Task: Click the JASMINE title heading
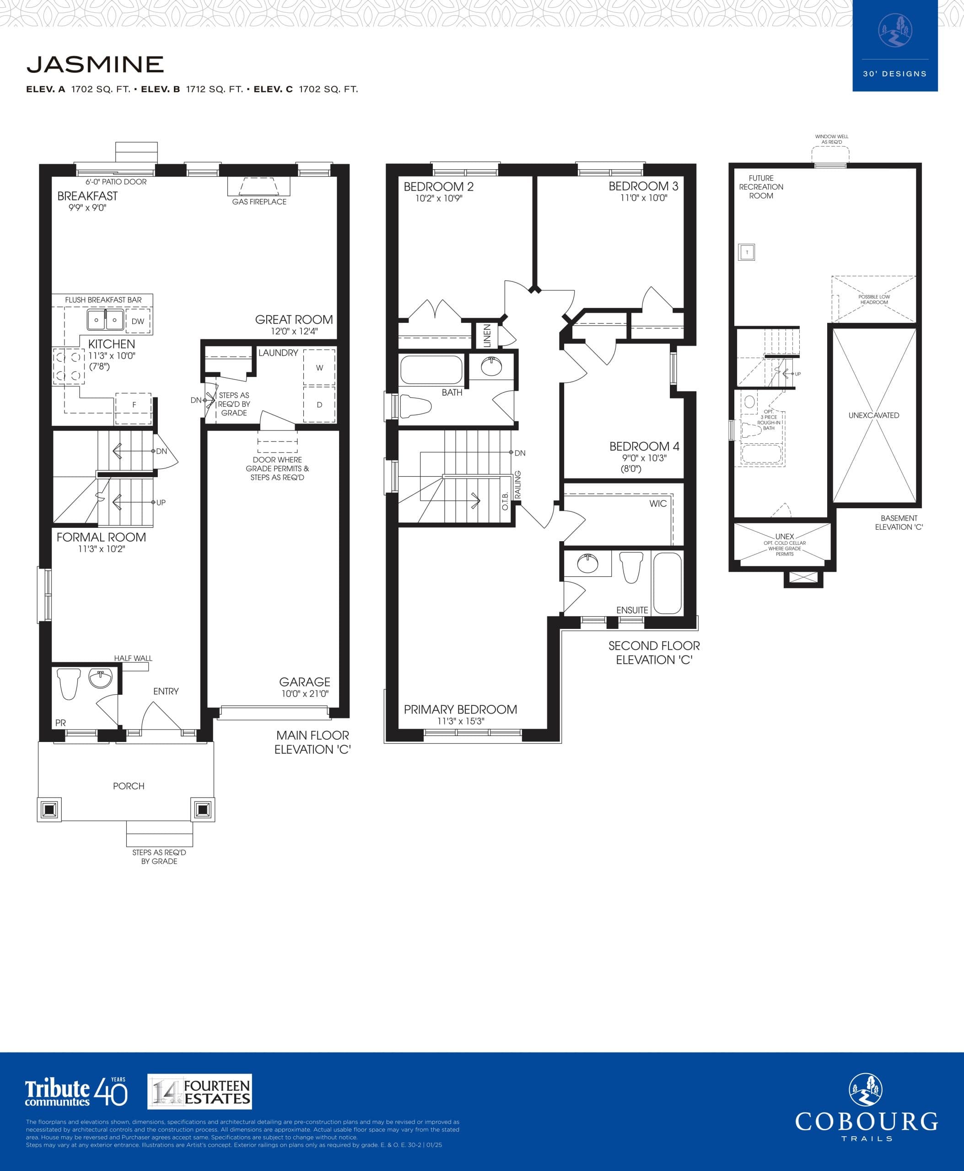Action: click(95, 64)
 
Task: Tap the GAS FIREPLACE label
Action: click(259, 202)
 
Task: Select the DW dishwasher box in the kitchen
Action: click(138, 321)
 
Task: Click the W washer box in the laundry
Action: click(319, 368)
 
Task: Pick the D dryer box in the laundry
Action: click(319, 405)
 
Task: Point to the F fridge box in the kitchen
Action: click(134, 405)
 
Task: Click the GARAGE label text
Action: click(304, 682)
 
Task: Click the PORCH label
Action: click(128, 786)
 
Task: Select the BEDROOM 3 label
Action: click(643, 187)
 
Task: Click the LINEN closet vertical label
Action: click(487, 336)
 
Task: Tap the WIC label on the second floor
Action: click(657, 504)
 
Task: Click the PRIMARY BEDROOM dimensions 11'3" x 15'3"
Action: click(460, 721)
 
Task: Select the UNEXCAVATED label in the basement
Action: click(873, 415)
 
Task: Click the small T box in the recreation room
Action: click(746, 252)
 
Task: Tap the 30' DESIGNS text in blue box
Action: click(894, 74)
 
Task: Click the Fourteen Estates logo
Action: click(199, 1091)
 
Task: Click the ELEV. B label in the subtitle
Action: click(161, 89)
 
